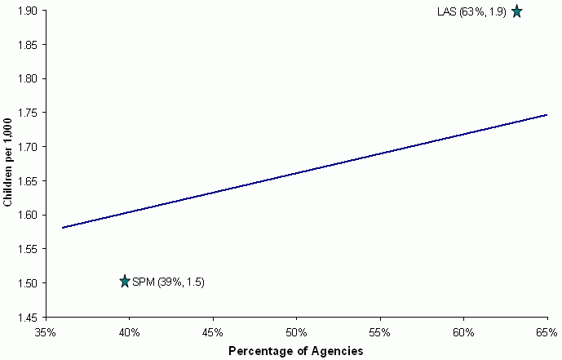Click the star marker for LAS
[516, 11]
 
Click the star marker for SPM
[125, 282]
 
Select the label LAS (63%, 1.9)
[472, 11]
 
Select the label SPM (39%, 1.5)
[168, 282]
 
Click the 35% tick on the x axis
[46, 332]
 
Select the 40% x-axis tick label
[129, 332]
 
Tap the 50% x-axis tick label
[296, 332]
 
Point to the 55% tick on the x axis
[379, 332]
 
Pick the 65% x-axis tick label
[547, 332]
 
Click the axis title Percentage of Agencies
[295, 350]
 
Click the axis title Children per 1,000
[7, 164]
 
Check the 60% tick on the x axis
[463, 332]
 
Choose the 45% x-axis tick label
[213, 332]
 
